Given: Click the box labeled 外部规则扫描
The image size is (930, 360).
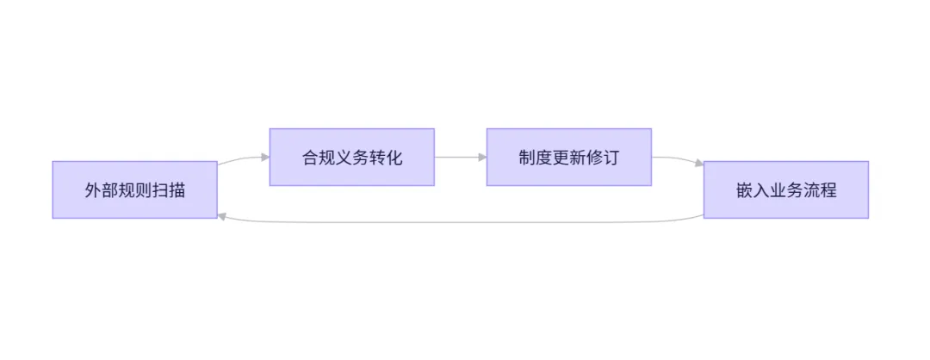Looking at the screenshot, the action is point(134,189).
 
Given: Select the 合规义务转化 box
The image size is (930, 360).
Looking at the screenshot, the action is point(351,157).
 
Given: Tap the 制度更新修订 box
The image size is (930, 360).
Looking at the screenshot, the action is point(569,157).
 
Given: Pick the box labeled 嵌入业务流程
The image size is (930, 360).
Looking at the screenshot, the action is point(786,189).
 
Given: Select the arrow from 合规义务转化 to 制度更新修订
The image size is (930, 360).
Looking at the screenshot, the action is point(461,157).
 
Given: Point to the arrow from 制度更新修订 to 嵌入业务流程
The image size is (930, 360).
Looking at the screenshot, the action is point(678,159).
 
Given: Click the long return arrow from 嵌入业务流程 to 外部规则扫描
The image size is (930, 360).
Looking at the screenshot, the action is point(461,222).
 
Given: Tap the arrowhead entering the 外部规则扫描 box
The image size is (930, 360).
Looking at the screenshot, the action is point(222,217).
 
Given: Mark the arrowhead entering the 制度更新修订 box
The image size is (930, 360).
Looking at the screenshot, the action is point(483,157).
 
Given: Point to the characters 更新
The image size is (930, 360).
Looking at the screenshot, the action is point(569,158).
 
